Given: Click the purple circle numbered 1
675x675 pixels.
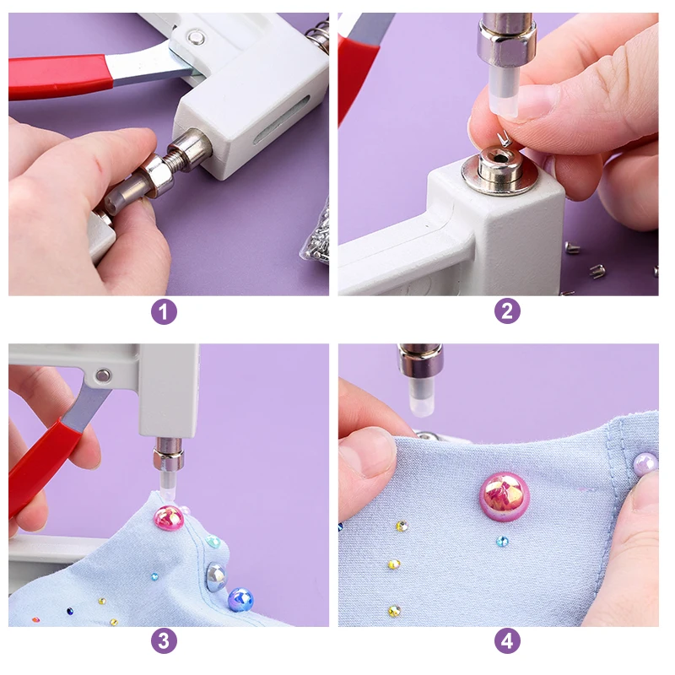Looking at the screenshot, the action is (164, 311).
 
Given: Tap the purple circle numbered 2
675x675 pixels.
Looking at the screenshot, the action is (507, 310).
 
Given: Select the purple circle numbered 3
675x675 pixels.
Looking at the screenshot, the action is (164, 641).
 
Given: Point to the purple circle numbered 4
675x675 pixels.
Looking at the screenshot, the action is (507, 641).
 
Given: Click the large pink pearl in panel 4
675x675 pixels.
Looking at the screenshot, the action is (504, 495).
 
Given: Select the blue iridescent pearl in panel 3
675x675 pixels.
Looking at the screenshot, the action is (240, 599).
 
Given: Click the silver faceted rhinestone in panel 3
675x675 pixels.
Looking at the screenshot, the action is (216, 576).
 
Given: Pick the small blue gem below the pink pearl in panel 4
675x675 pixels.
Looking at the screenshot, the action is (502, 541).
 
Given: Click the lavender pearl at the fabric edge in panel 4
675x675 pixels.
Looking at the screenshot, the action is (645, 463).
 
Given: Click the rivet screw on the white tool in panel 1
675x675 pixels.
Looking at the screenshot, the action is (197, 37).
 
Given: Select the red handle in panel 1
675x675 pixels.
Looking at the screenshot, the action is (60, 78).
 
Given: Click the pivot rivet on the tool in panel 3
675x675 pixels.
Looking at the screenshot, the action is (102, 375).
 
